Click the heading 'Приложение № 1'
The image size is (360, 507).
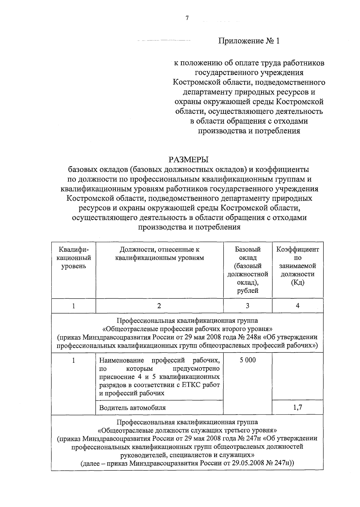click(249, 41)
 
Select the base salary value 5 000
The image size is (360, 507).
click(247, 360)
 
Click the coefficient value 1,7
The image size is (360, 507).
click(297, 407)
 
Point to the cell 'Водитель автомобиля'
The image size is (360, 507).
click(132, 408)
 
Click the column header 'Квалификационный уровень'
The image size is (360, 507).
click(73, 258)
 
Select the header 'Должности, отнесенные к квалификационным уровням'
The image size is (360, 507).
click(159, 253)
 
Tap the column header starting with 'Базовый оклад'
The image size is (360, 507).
click(247, 270)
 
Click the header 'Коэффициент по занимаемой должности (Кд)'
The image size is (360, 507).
click(297, 266)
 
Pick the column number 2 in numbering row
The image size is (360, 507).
click(159, 306)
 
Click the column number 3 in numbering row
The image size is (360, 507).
click(247, 306)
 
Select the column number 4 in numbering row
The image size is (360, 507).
click(297, 306)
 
